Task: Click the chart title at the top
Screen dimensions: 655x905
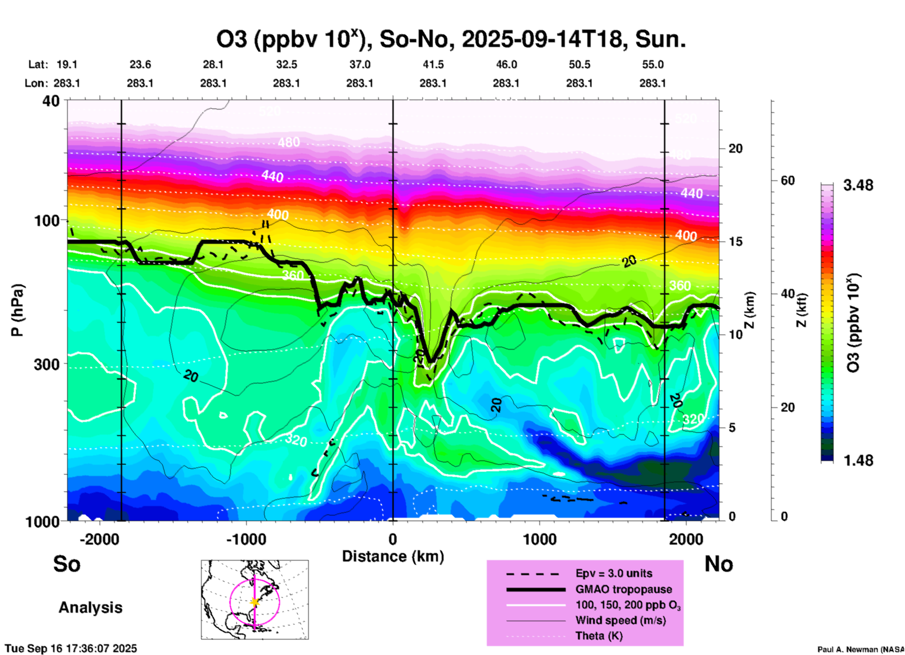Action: click(x=451, y=39)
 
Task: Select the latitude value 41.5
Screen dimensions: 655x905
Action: click(x=433, y=64)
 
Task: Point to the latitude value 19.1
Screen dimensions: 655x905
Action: click(x=67, y=64)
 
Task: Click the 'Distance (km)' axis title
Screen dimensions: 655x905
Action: click(x=393, y=556)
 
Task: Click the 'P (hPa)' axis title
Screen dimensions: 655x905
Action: click(x=17, y=310)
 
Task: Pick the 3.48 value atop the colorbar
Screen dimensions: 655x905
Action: click(x=858, y=186)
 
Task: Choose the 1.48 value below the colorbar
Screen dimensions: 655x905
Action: click(x=858, y=460)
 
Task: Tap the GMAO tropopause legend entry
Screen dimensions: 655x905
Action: click(x=624, y=589)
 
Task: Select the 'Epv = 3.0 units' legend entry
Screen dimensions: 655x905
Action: click(x=614, y=573)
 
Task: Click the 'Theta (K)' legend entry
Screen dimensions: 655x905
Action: click(x=599, y=636)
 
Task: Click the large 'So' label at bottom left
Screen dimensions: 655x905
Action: click(x=67, y=564)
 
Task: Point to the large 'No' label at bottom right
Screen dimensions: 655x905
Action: click(x=718, y=564)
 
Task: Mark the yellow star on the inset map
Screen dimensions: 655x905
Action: click(x=255, y=602)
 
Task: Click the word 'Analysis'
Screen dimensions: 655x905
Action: click(x=90, y=608)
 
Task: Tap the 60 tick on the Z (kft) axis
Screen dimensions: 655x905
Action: click(x=788, y=180)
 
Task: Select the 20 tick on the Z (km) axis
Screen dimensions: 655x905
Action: click(x=735, y=148)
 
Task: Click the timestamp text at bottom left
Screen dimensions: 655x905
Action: click(x=71, y=648)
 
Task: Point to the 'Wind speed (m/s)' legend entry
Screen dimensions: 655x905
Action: click(x=620, y=620)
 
